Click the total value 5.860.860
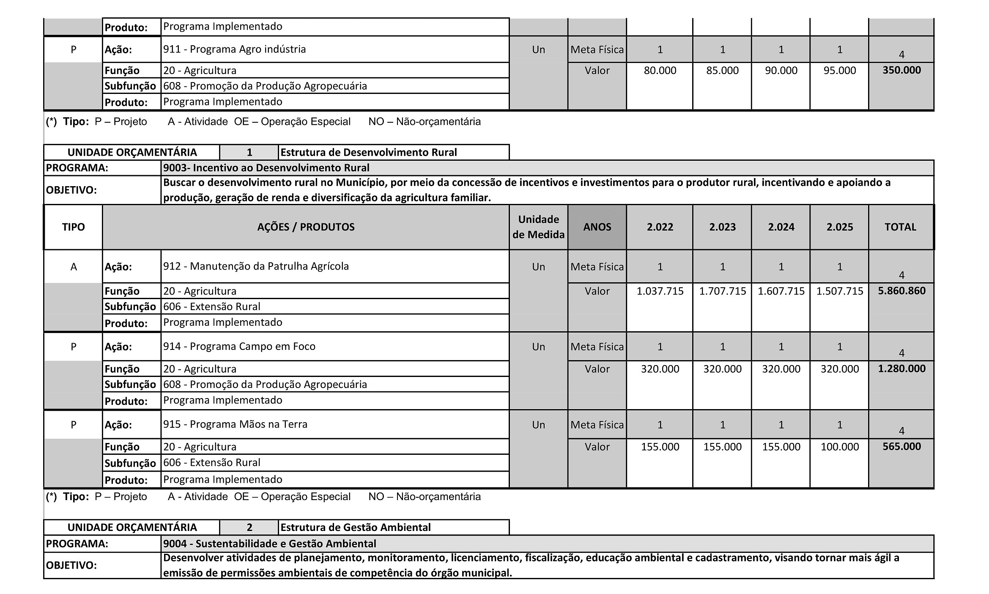901,291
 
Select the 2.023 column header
722,227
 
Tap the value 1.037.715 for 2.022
660,291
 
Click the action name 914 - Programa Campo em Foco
239,346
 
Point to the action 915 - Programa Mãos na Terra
235,424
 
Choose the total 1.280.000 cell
901,368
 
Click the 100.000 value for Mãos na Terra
839,447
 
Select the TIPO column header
73,227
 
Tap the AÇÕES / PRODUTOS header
306,227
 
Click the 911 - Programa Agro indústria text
234,49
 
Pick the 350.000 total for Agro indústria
901,70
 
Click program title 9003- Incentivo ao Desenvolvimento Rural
266,168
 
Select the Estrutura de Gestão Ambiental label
356,527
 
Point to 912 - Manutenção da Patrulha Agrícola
256,266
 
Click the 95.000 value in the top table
839,70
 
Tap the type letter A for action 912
73,267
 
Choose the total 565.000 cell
901,446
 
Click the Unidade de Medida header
538,227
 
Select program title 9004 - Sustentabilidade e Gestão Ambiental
269,543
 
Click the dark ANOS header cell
597,227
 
